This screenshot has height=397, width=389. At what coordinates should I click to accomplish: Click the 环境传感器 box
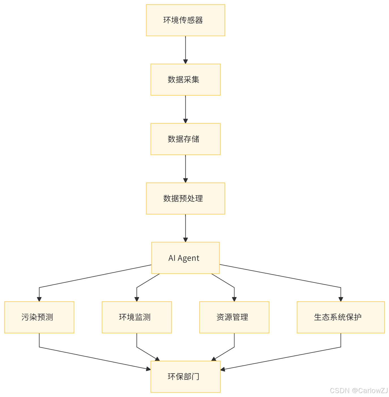tap(185, 20)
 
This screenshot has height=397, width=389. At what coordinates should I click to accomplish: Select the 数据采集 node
tap(185, 80)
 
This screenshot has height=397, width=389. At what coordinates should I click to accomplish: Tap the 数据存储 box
tap(185, 139)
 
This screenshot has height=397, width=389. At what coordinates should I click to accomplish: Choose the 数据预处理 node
tap(185, 198)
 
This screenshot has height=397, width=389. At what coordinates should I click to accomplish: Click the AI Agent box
tap(185, 258)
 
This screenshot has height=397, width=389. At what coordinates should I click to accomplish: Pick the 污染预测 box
tap(39, 317)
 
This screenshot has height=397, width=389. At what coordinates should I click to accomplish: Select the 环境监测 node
tap(137, 317)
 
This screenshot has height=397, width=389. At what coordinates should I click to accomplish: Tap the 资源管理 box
tap(234, 317)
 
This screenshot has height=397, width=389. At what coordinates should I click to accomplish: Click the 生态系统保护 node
tap(341, 317)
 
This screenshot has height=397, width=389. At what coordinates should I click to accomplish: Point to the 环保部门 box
tap(185, 377)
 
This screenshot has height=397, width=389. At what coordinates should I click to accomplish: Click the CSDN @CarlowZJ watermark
tap(358, 390)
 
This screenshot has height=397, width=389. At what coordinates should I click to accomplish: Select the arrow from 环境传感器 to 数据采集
tap(185, 50)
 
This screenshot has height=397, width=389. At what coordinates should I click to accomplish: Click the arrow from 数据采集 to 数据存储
tap(185, 109)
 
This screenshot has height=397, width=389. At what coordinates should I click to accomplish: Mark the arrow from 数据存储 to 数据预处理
tap(185, 168)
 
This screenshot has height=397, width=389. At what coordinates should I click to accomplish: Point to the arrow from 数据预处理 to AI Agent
tap(185, 228)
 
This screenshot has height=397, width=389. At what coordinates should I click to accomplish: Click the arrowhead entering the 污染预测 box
tap(39, 299)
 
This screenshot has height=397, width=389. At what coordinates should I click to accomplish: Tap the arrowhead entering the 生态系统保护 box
tap(341, 299)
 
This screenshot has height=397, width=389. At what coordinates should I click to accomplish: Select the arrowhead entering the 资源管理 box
tap(234, 299)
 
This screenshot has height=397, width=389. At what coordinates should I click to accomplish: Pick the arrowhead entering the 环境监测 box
tap(137, 299)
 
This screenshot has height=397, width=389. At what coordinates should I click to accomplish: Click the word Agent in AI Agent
tap(188, 258)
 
